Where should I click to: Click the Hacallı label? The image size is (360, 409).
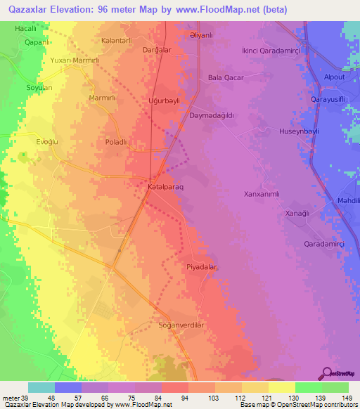point(26,28)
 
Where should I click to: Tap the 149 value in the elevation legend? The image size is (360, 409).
point(348,398)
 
